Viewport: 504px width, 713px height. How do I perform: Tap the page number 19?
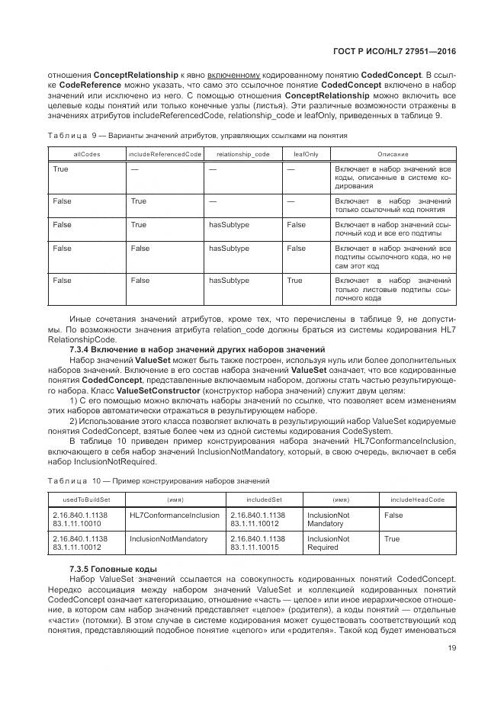pos(452,650)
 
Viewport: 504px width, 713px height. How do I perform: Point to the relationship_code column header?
pos(242,154)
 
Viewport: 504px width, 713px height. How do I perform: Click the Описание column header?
pos(393,154)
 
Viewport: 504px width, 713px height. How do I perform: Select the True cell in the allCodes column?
pos(60,169)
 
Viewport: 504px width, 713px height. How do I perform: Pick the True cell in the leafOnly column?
pos(294,281)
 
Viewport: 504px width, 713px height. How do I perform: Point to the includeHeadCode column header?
pos(418,500)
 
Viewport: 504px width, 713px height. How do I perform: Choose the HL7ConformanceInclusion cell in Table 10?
pos(175,515)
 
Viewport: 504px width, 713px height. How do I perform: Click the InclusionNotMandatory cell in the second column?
pos(169,538)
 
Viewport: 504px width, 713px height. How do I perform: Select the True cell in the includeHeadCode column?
pos(392,538)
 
